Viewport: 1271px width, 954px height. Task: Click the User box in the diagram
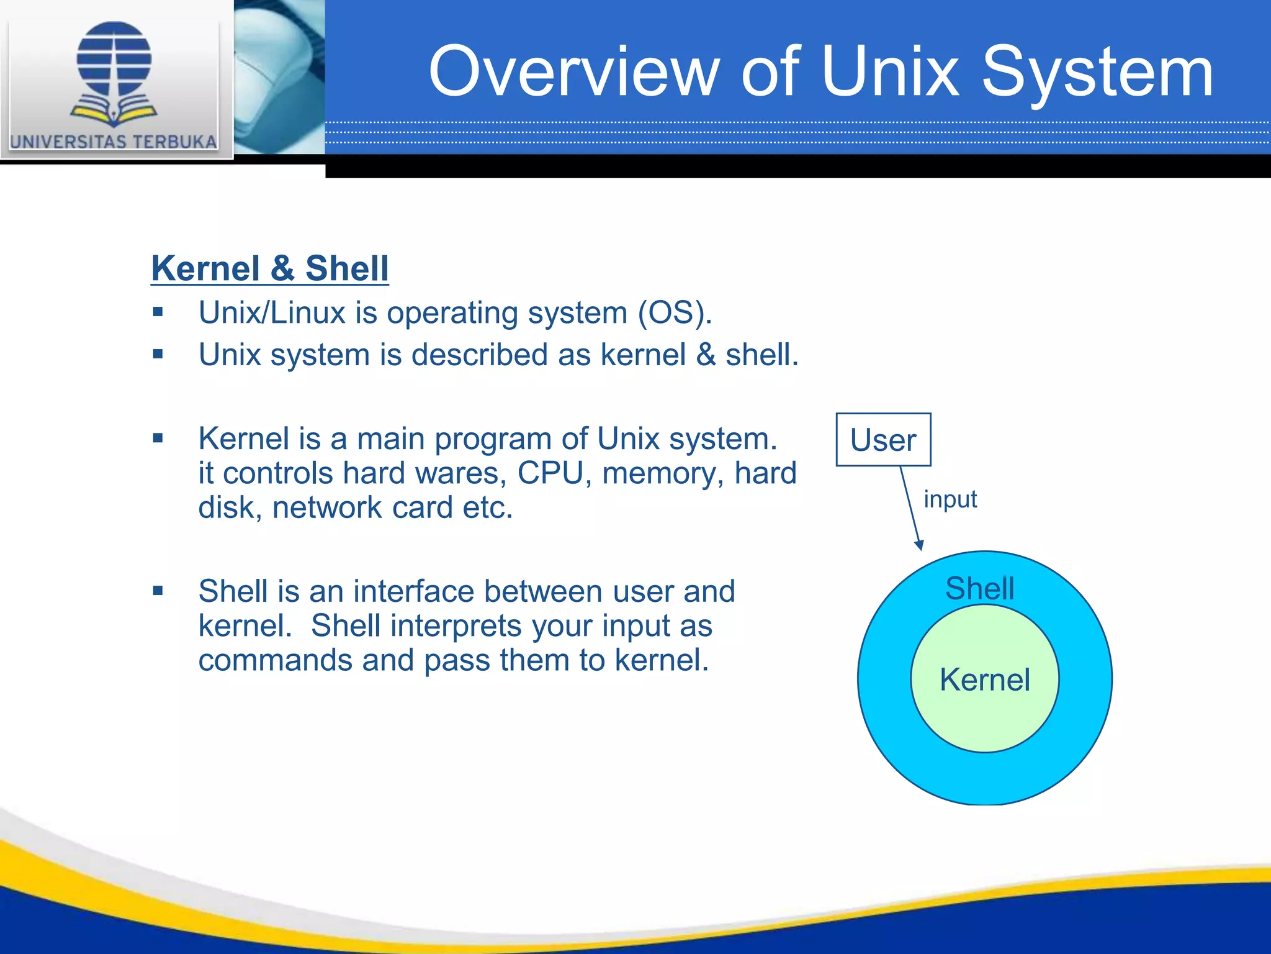pyautogui.click(x=883, y=440)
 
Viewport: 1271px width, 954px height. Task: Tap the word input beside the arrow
pyautogui.click(x=950, y=499)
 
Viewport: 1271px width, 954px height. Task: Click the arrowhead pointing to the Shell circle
pyautogui.click(x=920, y=545)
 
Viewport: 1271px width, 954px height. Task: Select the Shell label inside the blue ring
pyautogui.click(x=979, y=588)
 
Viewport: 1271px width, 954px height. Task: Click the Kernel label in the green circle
pyautogui.click(x=985, y=679)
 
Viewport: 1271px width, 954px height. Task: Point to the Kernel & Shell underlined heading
pyautogui.click(x=270, y=268)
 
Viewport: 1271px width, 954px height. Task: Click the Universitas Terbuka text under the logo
pyautogui.click(x=114, y=142)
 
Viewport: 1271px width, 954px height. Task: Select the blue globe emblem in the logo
pyautogui.click(x=114, y=59)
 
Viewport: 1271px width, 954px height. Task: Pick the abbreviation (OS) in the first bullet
pyautogui.click(x=675, y=312)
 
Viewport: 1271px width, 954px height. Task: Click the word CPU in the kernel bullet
pyautogui.click(x=550, y=473)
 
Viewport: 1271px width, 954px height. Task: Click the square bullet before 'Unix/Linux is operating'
pyautogui.click(x=158, y=312)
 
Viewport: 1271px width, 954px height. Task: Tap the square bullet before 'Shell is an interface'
pyautogui.click(x=158, y=591)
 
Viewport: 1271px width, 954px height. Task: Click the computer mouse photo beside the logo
pyautogui.click(x=279, y=75)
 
